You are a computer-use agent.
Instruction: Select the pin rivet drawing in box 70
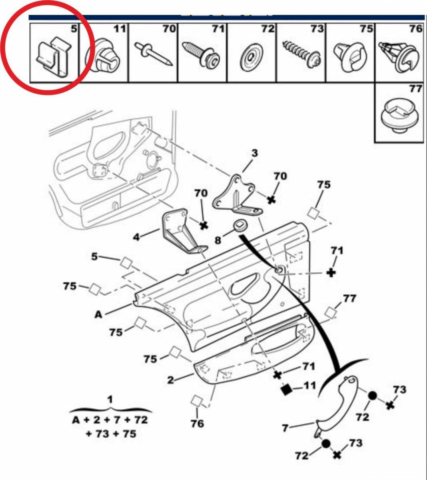coord(154,54)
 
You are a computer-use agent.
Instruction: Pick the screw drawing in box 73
coord(300,54)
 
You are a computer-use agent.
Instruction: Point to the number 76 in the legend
coord(415,29)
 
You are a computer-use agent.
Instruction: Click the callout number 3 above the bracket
coord(255,153)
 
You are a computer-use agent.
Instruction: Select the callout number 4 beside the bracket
coord(137,237)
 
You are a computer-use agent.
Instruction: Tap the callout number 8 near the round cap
coord(218,240)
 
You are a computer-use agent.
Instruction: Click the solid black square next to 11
coord(286,389)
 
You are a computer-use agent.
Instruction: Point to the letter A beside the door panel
coord(98,314)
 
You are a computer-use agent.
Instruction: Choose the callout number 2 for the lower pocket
coord(171,380)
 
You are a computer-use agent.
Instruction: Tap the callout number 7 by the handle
coord(285,428)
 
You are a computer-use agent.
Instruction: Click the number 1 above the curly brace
coord(110,399)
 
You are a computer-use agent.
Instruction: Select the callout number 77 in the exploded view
coord(349,298)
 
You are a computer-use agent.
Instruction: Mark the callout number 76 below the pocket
coord(197,423)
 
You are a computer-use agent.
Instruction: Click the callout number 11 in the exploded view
coord(309,386)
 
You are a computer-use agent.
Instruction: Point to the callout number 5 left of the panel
coord(94,256)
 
